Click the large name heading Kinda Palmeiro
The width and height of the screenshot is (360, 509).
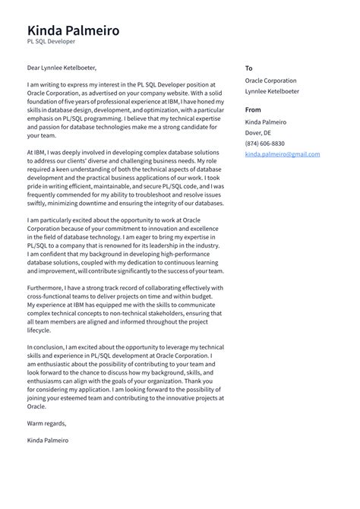pyautogui.click(x=73, y=31)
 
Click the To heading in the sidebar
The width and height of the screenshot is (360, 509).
pyautogui.click(x=248, y=68)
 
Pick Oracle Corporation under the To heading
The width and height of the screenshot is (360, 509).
pyautogui.click(x=270, y=81)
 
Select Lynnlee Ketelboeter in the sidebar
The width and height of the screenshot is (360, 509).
pyautogui.click(x=272, y=91)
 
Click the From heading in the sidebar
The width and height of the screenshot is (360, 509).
pyautogui.click(x=253, y=110)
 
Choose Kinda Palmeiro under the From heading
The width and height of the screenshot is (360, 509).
pyautogui.click(x=266, y=122)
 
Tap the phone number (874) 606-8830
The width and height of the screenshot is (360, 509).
pyautogui.click(x=265, y=144)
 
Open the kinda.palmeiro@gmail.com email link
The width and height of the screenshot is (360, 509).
pyautogui.click(x=282, y=154)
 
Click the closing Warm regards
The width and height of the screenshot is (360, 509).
pyautogui.click(x=46, y=423)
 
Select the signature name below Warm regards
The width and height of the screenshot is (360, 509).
pyautogui.click(x=47, y=440)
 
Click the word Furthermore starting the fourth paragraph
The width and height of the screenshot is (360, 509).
pyautogui.click(x=47, y=288)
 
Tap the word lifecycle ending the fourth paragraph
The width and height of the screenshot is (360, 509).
pyautogui.click(x=39, y=330)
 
